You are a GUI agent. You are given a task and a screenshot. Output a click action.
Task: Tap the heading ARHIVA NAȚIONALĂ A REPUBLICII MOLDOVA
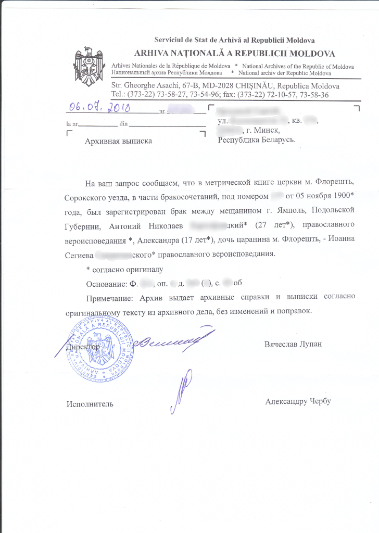pyautogui.click(x=235, y=54)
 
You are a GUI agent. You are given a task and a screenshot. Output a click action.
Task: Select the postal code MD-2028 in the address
pyautogui.click(x=206, y=86)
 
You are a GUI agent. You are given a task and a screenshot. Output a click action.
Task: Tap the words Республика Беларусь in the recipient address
pyautogui.click(x=257, y=139)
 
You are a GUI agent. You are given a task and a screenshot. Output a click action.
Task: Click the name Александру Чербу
pyautogui.click(x=298, y=401)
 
